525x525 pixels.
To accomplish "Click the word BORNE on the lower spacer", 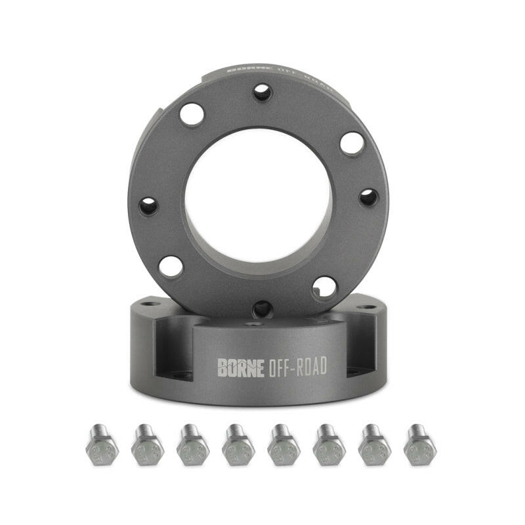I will coord(241,367).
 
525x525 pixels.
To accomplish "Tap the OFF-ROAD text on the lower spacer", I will coord(297,367).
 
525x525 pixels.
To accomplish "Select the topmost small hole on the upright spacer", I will coord(262,92).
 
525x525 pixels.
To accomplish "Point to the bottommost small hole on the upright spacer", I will coord(262,308).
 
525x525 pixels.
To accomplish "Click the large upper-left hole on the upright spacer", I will coord(192,115).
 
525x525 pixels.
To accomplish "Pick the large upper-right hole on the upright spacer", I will coord(352,143).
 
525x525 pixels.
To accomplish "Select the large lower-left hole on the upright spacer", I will coord(171,266).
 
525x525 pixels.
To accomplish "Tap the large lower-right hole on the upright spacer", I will coord(325,287).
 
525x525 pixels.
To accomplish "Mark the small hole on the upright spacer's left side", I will coord(148,206).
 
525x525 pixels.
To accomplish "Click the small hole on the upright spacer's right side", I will coord(369,197).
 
